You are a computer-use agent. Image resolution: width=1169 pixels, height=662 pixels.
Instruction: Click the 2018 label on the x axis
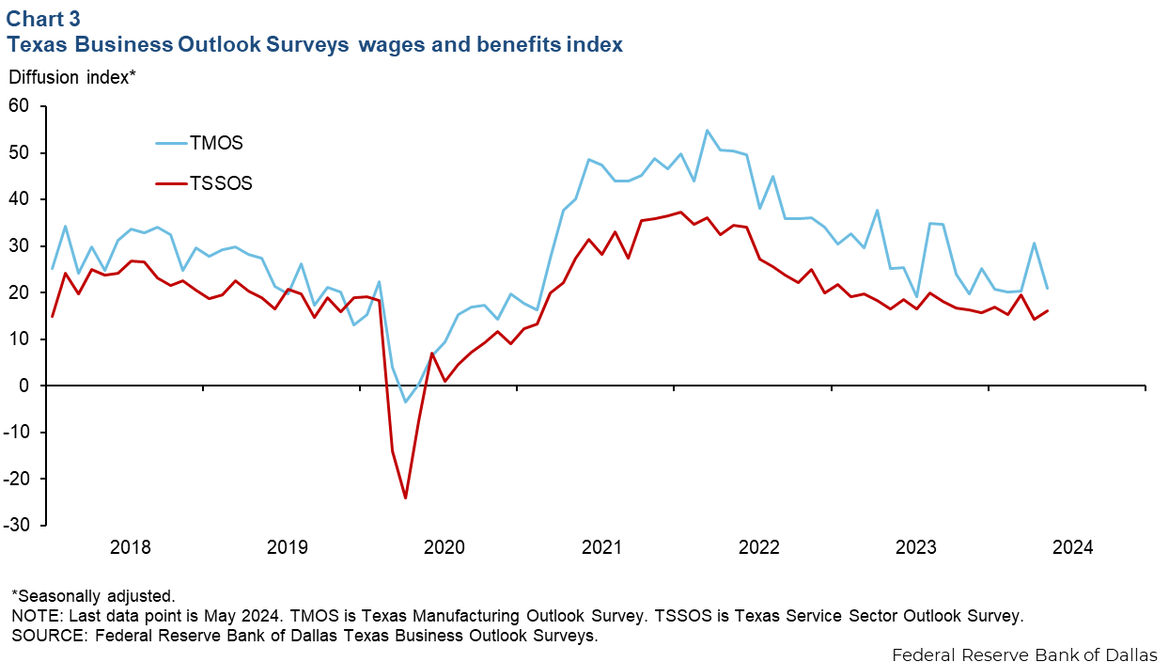tap(131, 547)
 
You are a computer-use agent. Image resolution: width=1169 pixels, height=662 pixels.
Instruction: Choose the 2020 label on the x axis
tap(444, 547)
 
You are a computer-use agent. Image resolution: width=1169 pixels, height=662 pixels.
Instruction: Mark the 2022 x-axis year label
tap(759, 547)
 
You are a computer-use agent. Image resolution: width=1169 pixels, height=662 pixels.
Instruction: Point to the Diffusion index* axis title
tap(72, 77)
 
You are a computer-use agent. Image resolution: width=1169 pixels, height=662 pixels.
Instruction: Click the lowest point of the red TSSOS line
tap(405, 497)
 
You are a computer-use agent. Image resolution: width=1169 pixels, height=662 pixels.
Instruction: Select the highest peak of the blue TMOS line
tap(707, 131)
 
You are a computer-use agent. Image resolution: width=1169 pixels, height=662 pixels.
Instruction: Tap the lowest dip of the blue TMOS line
tap(406, 402)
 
